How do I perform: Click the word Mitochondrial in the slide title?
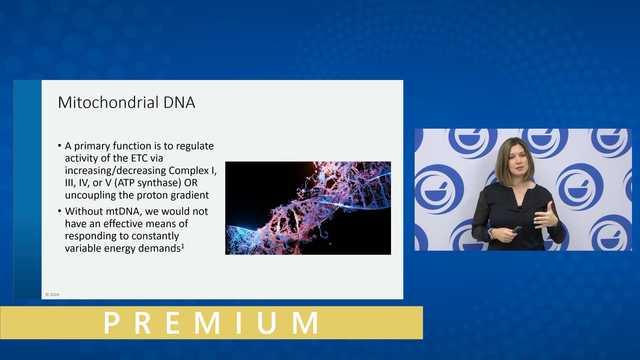[108, 102]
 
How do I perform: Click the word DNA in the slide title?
[179, 102]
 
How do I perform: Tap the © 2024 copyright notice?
[52, 295]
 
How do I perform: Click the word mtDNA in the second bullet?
[122, 211]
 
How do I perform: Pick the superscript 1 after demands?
[183, 246]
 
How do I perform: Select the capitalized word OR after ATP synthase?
[191, 183]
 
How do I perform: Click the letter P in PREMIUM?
[112, 323]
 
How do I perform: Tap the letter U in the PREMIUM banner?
[266, 323]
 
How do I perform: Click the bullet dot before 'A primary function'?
[60, 146]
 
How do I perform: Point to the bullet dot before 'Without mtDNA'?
[60, 211]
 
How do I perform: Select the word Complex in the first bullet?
[189, 170]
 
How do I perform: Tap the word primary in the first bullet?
[92, 146]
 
